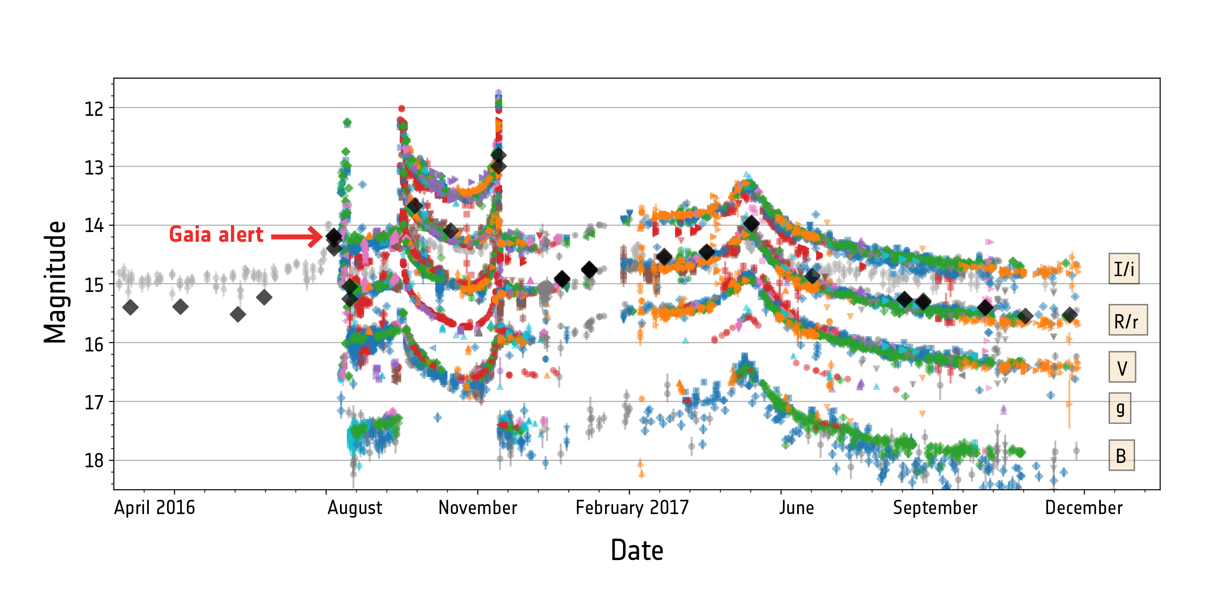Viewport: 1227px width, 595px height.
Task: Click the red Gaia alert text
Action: click(216, 235)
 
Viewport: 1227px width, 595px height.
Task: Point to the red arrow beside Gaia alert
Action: click(297, 236)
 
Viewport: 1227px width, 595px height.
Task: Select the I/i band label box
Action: click(1124, 269)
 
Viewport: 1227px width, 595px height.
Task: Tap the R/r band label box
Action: click(1127, 321)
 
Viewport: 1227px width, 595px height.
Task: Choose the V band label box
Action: click(1122, 367)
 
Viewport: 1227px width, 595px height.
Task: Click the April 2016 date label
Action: click(154, 508)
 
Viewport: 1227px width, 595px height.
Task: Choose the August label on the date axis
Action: click(355, 508)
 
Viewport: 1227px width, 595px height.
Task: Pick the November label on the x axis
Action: click(478, 508)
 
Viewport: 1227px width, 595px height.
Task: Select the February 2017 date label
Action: click(632, 508)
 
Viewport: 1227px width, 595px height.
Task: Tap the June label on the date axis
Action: click(796, 508)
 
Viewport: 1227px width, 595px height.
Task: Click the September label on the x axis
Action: click(935, 508)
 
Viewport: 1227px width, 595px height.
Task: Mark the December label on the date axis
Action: click(1084, 508)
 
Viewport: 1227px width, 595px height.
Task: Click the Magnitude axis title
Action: click(55, 282)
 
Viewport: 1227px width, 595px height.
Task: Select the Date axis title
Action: click(637, 551)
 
